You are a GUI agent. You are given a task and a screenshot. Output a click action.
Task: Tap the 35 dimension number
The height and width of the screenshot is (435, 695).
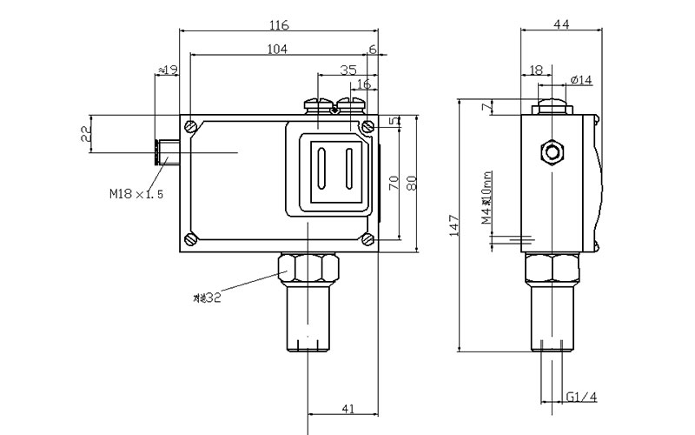click(x=348, y=69)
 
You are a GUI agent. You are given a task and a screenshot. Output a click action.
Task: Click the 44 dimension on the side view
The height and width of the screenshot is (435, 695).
click(x=560, y=25)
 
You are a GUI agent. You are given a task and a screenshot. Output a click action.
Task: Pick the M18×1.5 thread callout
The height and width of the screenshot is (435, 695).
click(x=136, y=194)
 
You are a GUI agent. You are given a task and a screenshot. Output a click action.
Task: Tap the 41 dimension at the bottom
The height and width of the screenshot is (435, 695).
click(x=347, y=408)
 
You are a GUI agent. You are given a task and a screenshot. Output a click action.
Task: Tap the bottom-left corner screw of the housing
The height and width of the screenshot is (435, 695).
click(x=191, y=239)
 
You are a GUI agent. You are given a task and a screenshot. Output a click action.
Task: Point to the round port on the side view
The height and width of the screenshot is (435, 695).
click(x=551, y=152)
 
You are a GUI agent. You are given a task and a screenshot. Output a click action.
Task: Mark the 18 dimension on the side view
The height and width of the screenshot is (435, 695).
click(x=535, y=69)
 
